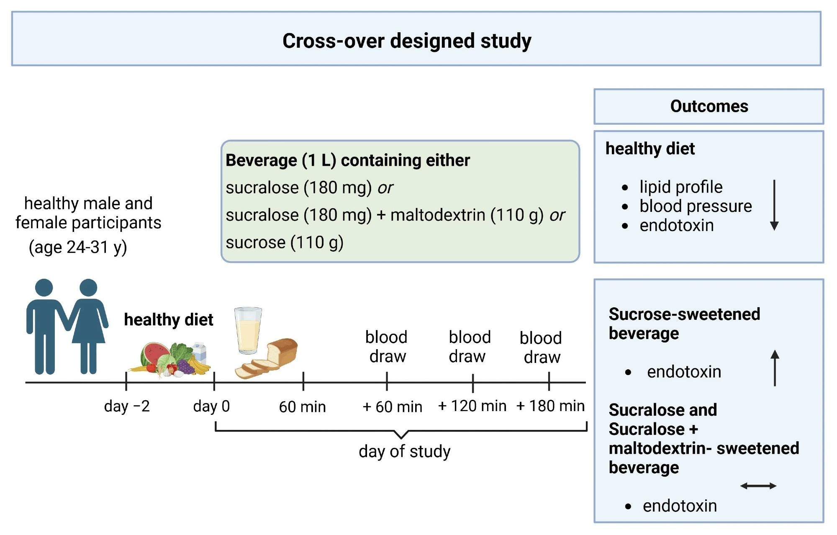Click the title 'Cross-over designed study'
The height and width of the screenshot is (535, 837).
pos(407,41)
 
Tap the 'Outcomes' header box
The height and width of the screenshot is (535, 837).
pos(709,106)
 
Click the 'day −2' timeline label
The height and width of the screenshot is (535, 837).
pos(127,406)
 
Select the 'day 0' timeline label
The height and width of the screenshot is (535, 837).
pos(211,406)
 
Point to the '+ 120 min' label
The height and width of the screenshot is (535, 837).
pos(472,406)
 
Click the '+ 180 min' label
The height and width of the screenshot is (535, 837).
pos(550,406)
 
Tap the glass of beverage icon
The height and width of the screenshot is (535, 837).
pos(248,331)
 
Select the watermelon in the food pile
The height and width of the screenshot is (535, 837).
pos(151,354)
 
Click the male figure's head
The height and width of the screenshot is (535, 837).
pos(44,288)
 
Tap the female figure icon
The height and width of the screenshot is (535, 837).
pos(88,327)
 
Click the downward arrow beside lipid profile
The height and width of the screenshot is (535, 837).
pos(774,205)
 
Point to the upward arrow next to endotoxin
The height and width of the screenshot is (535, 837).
pos(775,368)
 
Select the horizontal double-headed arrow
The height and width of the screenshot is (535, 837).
pos(758,486)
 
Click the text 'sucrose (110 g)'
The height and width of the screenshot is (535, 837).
pos(285,242)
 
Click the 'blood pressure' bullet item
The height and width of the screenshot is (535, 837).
pos(696,206)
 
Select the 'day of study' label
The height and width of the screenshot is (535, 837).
pos(404,451)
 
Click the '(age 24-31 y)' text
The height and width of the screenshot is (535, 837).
pos(78,247)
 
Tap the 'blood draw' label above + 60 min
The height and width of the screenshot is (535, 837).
pos(387,347)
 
